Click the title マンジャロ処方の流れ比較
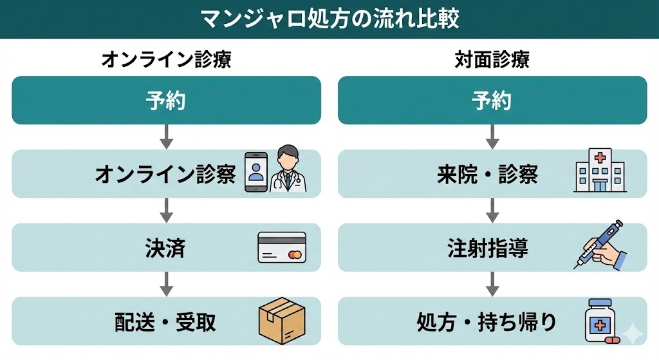pos(329,19)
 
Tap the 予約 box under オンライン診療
pos(166,100)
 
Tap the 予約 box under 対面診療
pos(492,100)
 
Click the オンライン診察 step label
pos(165,174)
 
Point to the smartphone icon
pos(255,172)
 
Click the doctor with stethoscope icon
pos(288,171)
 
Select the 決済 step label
pos(165,248)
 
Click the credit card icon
pos(282,247)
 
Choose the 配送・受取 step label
pos(165,321)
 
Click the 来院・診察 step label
pos(487,174)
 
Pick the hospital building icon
pos(599,171)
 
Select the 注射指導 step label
pos(487,248)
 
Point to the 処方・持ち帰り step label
pos(487,321)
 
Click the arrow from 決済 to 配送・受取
pos(166,283)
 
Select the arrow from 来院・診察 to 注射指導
pos(492,210)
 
